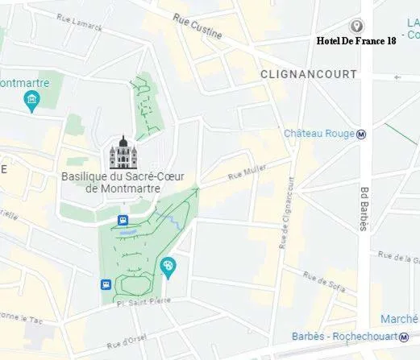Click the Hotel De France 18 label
pyautogui.click(x=356, y=40)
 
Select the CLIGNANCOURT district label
pyautogui.click(x=308, y=73)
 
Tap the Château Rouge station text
pyautogui.click(x=318, y=134)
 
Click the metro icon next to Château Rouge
pyautogui.click(x=362, y=134)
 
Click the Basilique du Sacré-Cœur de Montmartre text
pyautogui.click(x=110, y=182)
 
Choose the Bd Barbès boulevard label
pyautogui.click(x=364, y=209)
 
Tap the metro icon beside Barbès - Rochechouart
pyautogui.click(x=405, y=337)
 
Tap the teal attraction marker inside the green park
pyautogui.click(x=168, y=267)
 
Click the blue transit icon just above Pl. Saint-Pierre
pyautogui.click(x=106, y=284)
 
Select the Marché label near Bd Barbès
pyautogui.click(x=398, y=318)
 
